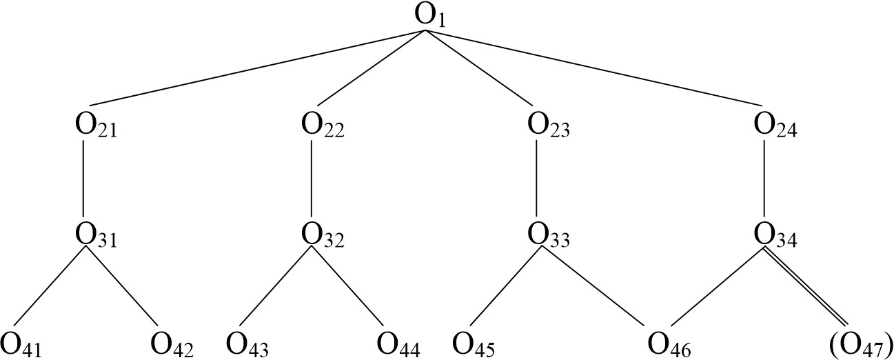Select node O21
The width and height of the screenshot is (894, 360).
[x=95, y=127]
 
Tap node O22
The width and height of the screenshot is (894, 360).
[x=323, y=127]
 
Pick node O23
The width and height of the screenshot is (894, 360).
[x=548, y=127]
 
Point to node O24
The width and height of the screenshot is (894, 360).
[x=775, y=127]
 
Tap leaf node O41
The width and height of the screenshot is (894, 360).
[x=21, y=343]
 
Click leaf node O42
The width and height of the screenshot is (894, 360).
[x=171, y=343]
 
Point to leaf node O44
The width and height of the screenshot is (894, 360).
[x=398, y=343]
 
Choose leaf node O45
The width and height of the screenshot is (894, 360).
[x=474, y=343]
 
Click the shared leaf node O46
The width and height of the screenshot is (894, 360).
[x=667, y=343]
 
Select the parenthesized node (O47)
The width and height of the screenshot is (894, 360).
[x=861, y=343]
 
